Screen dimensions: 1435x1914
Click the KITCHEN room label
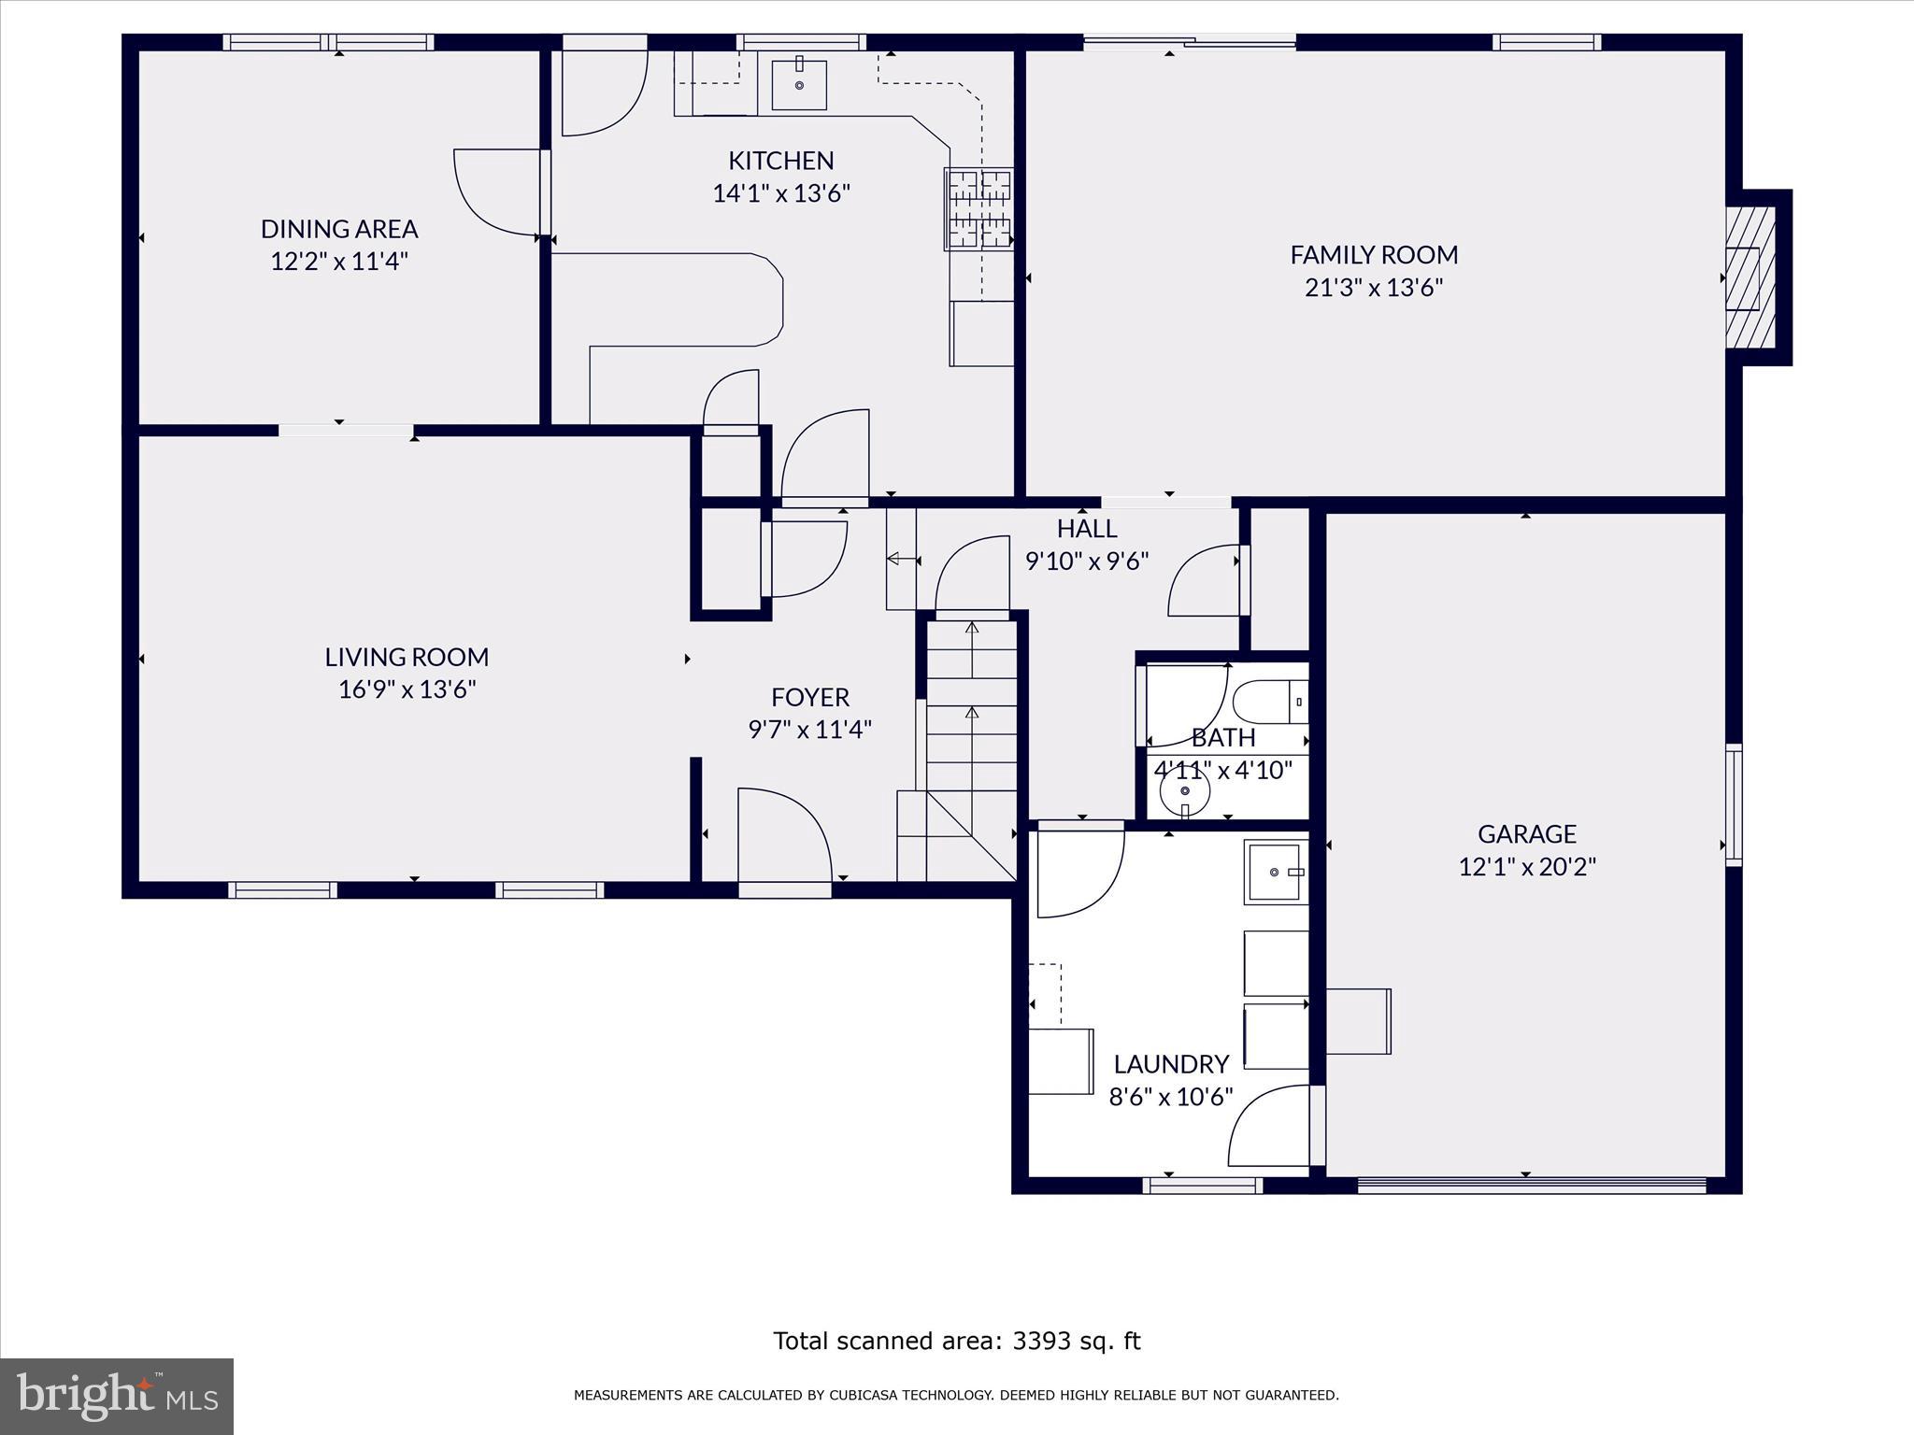pos(780,161)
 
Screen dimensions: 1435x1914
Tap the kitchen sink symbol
pos(799,85)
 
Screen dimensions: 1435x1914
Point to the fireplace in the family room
pos(1747,277)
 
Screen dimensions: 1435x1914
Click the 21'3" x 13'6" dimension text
pos(1373,287)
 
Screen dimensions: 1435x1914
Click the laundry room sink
pos(1275,873)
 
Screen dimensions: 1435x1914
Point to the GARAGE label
pos(1526,833)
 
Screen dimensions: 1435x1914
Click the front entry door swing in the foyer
pos(784,837)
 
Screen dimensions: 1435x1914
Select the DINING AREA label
pos(338,229)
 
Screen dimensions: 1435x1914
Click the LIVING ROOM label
pos(407,657)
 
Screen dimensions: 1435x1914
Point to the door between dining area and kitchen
pos(498,192)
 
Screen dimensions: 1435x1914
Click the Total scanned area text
pos(956,1341)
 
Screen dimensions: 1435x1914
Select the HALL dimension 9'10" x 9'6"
pos(1086,561)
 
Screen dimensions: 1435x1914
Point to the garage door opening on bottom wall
pos(1531,1185)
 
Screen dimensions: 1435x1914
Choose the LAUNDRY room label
pos(1170,1064)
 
